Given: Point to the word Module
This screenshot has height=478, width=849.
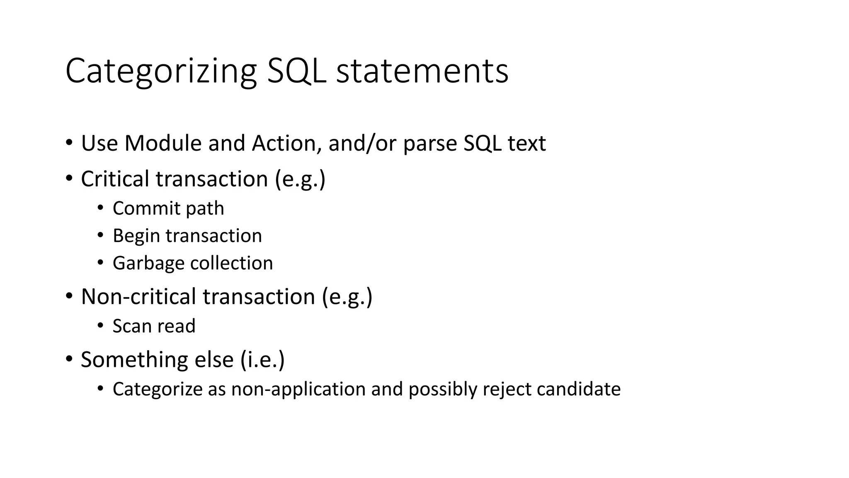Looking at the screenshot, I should [x=163, y=143].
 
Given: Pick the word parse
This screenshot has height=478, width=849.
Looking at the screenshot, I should [x=429, y=144].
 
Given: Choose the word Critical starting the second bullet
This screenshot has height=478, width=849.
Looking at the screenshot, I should [x=115, y=179].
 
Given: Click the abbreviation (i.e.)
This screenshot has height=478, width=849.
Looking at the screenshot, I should [x=262, y=359].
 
